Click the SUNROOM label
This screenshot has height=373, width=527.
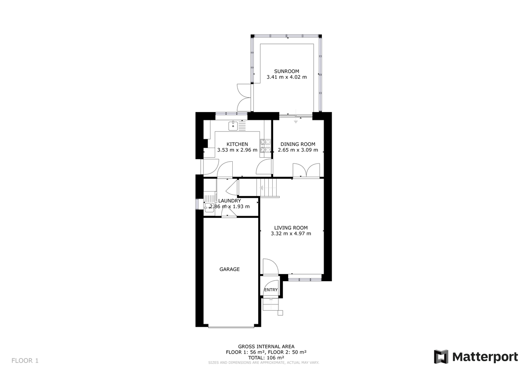286,71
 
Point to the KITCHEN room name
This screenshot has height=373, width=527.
237,144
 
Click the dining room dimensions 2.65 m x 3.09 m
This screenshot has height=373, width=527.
298,150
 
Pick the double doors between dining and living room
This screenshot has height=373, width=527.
306,170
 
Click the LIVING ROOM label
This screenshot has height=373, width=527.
291,228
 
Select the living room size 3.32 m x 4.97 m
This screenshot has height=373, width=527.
291,234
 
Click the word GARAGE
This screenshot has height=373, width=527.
230,269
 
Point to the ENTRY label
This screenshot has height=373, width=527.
271,290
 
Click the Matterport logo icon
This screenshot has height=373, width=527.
441,357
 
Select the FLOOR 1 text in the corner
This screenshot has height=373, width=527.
25,361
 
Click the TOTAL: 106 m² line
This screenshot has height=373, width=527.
266,358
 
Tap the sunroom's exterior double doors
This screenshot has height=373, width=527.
242,97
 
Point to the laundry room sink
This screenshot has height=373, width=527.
209,206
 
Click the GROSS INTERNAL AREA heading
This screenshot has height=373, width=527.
266,346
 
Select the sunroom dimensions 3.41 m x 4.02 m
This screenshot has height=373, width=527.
286,77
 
